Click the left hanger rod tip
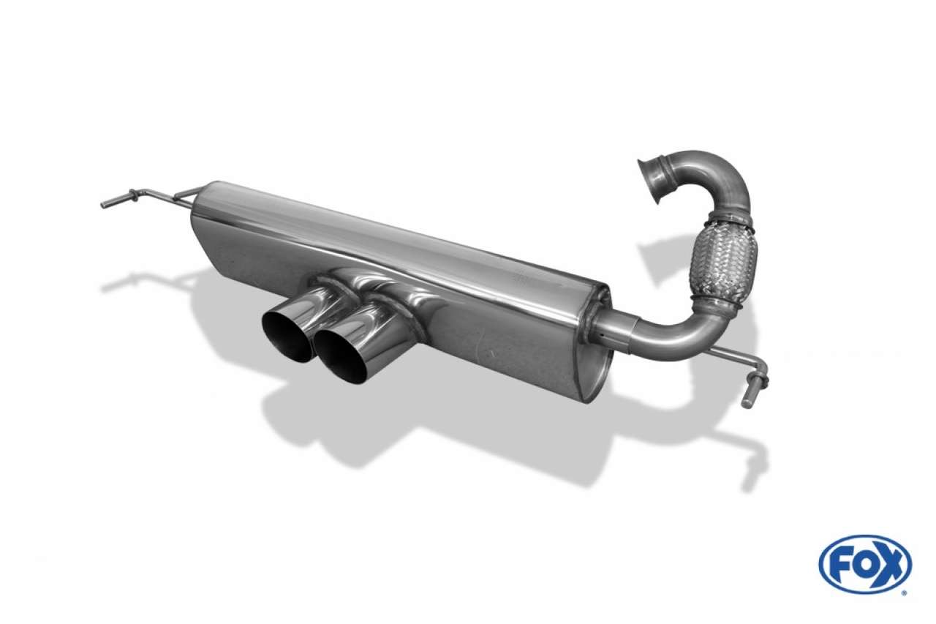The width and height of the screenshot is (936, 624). [105, 204]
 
